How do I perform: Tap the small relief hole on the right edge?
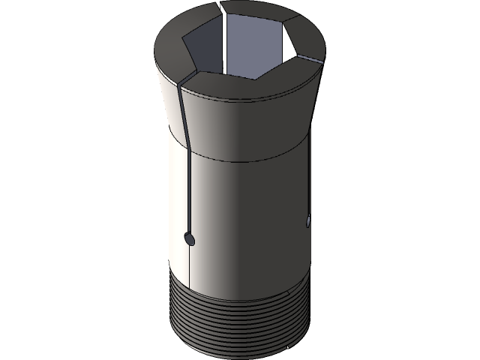(x=307, y=220)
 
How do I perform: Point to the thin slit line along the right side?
(x=309, y=180)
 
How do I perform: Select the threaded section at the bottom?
(x=240, y=315)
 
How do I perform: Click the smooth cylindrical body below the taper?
(x=240, y=217)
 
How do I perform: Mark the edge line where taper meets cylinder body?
(x=240, y=160)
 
